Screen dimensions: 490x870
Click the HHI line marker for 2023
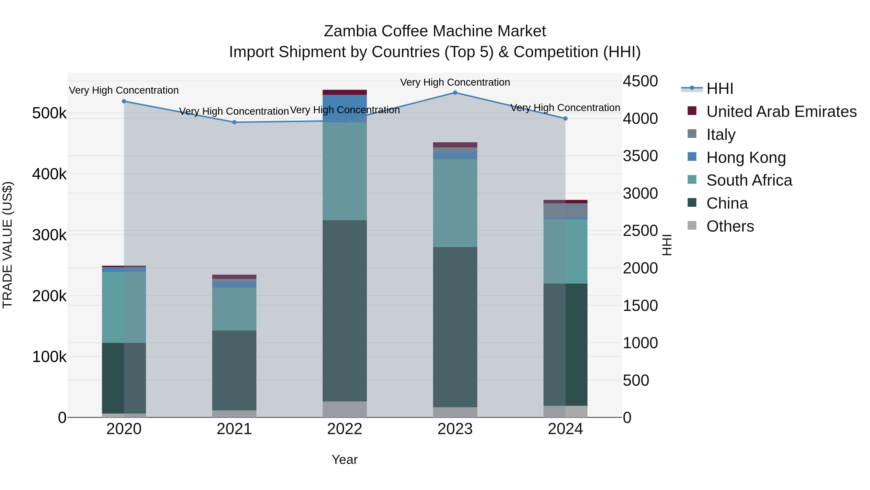click(455, 93)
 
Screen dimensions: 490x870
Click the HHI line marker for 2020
click(124, 101)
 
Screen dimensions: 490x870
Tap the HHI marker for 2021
click(234, 122)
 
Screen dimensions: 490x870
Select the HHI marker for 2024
click(565, 118)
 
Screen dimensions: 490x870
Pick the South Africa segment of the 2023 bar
click(455, 203)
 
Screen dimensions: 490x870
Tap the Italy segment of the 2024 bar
click(565, 211)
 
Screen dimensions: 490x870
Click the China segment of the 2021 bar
click(234, 370)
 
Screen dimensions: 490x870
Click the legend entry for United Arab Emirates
click(781, 112)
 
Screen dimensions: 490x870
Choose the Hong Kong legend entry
click(746, 158)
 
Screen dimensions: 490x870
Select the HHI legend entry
click(719, 89)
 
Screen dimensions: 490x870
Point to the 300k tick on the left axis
click(49, 235)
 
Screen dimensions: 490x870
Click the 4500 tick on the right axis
click(640, 81)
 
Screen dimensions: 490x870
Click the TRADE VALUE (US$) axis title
click(7, 245)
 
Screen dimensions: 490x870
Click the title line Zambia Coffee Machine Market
click(435, 31)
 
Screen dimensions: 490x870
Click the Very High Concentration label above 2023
click(455, 82)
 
